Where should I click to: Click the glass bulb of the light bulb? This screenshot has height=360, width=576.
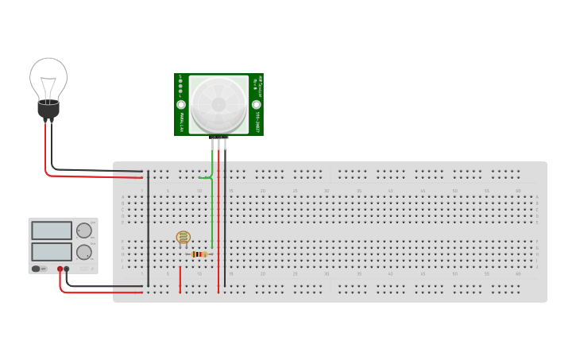(x=48, y=79)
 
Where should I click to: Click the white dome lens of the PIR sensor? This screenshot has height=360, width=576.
(x=218, y=104)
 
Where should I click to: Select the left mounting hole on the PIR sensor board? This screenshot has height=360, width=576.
(x=181, y=105)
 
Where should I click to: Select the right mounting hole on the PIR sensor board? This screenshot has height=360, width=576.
(x=256, y=105)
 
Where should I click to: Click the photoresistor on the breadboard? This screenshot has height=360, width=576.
(x=183, y=237)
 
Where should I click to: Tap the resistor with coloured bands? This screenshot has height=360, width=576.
(x=199, y=254)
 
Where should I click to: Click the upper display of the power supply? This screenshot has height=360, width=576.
(x=52, y=230)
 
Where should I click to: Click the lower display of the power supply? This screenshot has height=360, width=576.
(x=52, y=252)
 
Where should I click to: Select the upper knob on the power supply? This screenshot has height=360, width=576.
(x=83, y=230)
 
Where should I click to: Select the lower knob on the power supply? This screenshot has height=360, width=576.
(x=83, y=253)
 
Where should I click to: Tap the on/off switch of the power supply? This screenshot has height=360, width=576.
(x=37, y=269)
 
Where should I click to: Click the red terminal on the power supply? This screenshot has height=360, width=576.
(x=60, y=269)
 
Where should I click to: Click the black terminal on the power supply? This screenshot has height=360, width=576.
(x=67, y=269)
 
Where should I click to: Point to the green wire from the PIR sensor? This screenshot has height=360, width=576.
(x=212, y=207)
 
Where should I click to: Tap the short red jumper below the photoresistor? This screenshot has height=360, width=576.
(x=180, y=280)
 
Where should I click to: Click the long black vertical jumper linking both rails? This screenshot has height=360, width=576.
(x=148, y=230)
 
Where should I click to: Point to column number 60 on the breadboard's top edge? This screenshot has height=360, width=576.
(x=518, y=191)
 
